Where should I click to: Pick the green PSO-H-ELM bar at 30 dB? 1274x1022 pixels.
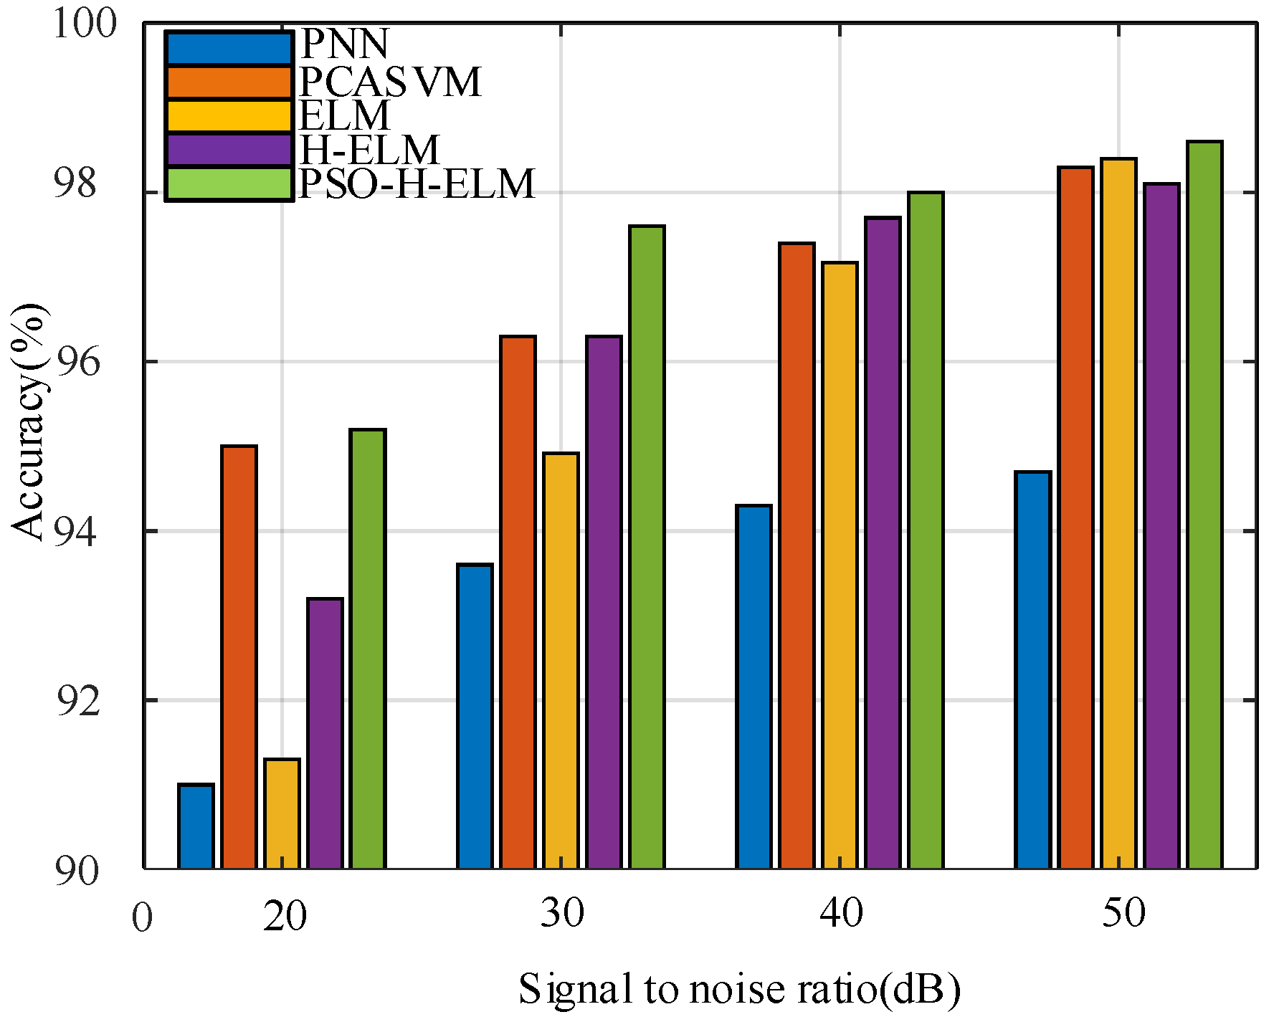click(x=647, y=548)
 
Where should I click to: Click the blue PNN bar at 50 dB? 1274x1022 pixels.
click(x=1033, y=670)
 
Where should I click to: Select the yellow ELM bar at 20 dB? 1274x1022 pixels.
click(x=282, y=813)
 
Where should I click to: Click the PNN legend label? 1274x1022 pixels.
click(x=345, y=44)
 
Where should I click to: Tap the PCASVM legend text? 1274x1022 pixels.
click(x=390, y=82)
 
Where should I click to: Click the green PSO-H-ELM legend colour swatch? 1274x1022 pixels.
click(x=229, y=184)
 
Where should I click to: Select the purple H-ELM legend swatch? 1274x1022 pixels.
click(x=229, y=150)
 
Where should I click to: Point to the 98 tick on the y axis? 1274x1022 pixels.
click(x=75, y=185)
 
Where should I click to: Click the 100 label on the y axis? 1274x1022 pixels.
click(x=85, y=24)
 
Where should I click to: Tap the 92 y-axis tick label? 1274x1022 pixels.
click(x=76, y=702)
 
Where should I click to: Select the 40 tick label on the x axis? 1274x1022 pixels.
click(x=841, y=914)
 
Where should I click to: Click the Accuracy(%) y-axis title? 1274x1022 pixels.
click(x=29, y=423)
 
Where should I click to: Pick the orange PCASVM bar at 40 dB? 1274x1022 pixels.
click(x=797, y=556)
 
